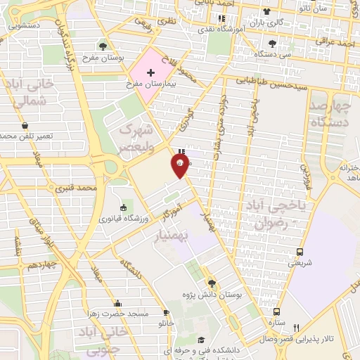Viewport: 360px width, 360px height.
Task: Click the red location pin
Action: point(180,165)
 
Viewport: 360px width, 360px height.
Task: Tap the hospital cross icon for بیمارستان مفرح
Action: point(150,72)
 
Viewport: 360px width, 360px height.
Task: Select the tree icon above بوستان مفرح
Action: point(103,46)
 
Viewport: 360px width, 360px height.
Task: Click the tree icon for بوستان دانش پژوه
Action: point(212,284)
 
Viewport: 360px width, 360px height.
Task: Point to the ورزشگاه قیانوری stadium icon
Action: point(124,207)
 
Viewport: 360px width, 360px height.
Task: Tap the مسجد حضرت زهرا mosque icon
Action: point(117,304)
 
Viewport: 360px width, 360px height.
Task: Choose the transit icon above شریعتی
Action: point(300,252)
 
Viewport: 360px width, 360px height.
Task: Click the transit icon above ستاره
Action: point(276,311)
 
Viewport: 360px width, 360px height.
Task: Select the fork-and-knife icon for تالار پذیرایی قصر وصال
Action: point(296,328)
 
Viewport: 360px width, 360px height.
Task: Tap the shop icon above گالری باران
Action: point(266,11)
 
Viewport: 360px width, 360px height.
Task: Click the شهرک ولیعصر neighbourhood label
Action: point(136,137)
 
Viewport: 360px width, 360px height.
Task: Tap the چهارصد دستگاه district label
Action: point(329,112)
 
